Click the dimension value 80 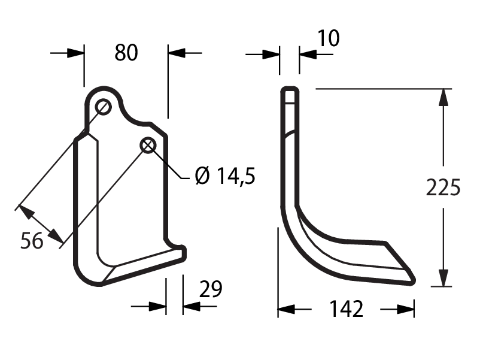(126, 52)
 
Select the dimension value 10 (328, 38)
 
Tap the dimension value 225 (443, 187)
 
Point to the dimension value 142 (346, 309)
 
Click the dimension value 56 (32, 241)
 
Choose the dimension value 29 (211, 289)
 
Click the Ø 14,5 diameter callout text (225, 176)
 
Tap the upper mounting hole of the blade (103, 107)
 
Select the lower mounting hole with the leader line (148, 146)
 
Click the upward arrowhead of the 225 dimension (443, 98)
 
